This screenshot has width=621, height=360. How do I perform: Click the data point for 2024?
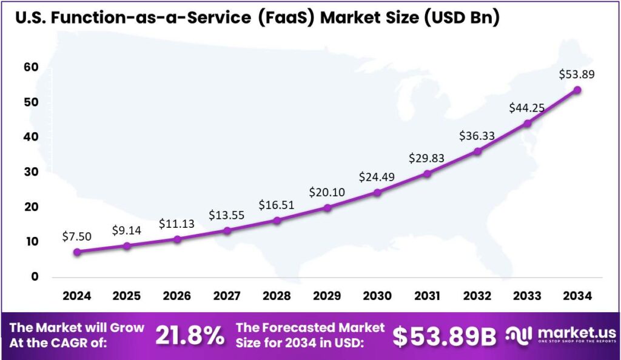pyautogui.click(x=76, y=252)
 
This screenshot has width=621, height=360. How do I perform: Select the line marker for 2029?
pyautogui.click(x=327, y=208)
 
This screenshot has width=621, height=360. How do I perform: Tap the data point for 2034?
pyautogui.click(x=577, y=90)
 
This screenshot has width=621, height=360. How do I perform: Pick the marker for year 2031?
pyautogui.click(x=428, y=174)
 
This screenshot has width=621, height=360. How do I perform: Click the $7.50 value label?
pyautogui.click(x=76, y=236)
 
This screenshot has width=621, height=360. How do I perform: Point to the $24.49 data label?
pyautogui.click(x=377, y=178)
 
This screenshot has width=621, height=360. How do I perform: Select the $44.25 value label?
pyautogui.click(x=526, y=108)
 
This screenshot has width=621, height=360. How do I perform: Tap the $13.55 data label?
pyautogui.click(x=227, y=215)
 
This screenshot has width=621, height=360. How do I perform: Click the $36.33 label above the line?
pyautogui.click(x=477, y=136)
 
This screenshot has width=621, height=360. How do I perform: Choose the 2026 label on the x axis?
pyautogui.click(x=176, y=296)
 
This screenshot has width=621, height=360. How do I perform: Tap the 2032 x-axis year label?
pyautogui.click(x=477, y=296)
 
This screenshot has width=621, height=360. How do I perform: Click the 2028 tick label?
pyautogui.click(x=277, y=296)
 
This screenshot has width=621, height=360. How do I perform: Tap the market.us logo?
pyautogui.click(x=561, y=336)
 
